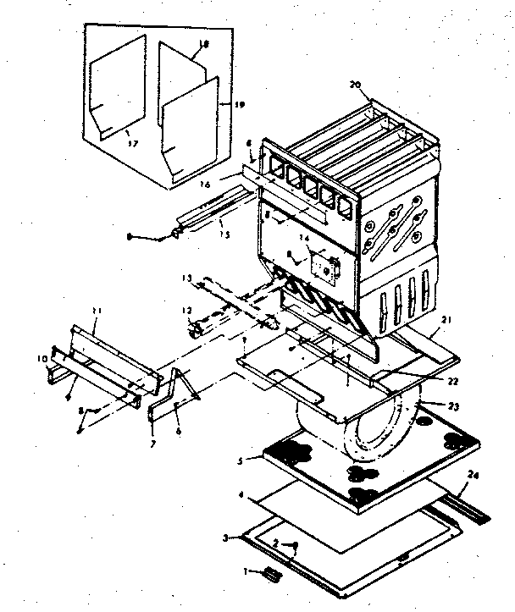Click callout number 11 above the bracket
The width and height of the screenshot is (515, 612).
(x=96, y=312)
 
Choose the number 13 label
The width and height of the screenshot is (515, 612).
(x=186, y=277)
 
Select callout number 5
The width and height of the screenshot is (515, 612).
(x=242, y=461)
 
